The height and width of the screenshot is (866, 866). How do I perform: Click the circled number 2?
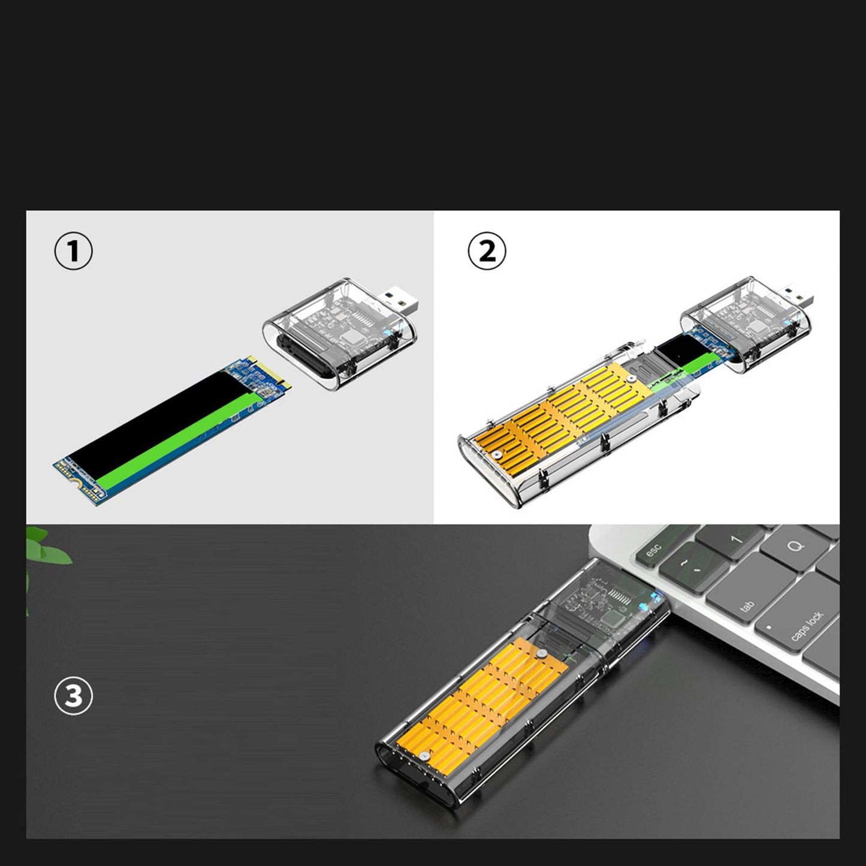pyautogui.click(x=487, y=251)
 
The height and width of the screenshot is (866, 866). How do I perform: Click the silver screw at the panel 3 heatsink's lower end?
pyautogui.click(x=423, y=757)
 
